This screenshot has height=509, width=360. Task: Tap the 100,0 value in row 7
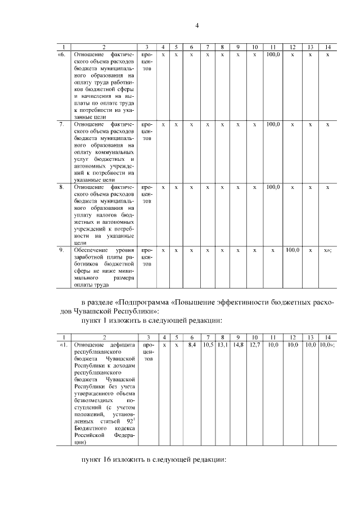click(x=273, y=124)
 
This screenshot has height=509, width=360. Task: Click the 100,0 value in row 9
click(x=292, y=250)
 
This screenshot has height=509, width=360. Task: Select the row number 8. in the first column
click(x=62, y=186)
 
